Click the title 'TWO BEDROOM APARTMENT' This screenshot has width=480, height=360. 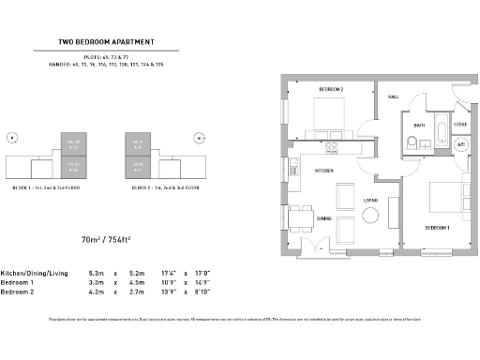pyautogui.click(x=106, y=41)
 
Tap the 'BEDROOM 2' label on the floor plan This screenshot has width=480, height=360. pyautogui.click(x=331, y=89)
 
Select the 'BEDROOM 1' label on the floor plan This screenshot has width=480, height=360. pyautogui.click(x=438, y=228)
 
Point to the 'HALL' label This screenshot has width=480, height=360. pyautogui.click(x=395, y=96)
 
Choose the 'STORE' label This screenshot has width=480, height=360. pyautogui.click(x=460, y=123)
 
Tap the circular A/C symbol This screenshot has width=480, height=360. pyautogui.click(x=460, y=145)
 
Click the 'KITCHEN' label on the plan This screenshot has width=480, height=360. pyautogui.click(x=324, y=171)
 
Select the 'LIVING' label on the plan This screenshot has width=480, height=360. pyautogui.click(x=371, y=200)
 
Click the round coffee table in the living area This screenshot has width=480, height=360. pyautogui.click(x=371, y=216)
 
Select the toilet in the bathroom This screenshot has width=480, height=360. pyautogui.click(x=412, y=142)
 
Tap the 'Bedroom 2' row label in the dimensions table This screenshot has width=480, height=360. pyautogui.click(x=18, y=292)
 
